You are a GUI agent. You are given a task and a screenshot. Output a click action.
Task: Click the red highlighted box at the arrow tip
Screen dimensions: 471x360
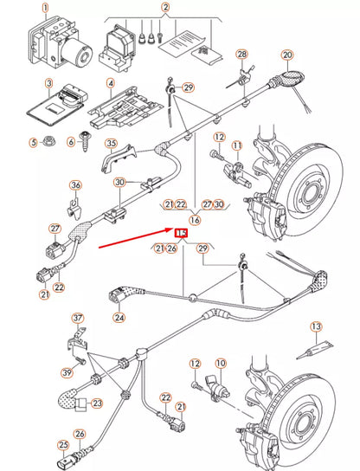pos(182,234)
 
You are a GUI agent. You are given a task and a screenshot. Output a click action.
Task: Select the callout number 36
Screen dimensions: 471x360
pos(75,185)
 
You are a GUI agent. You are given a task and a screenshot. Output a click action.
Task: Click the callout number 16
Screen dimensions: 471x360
pos(195,220)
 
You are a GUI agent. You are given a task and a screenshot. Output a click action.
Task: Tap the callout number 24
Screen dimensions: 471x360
pos(119,317)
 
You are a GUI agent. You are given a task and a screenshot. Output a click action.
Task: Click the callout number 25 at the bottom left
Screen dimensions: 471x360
pos(62,446)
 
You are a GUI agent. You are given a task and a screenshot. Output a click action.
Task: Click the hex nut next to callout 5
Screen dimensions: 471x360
pos(57,142)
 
